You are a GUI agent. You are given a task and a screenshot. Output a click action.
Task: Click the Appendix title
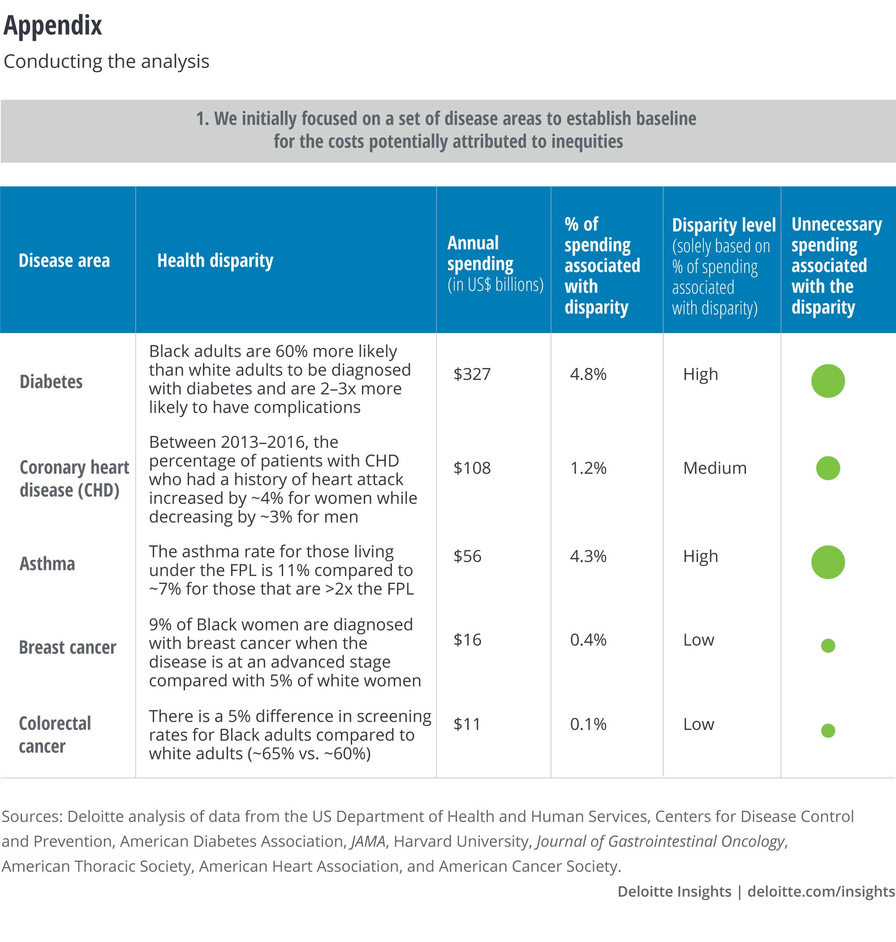[52, 26]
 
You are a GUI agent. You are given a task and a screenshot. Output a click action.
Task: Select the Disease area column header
[64, 261]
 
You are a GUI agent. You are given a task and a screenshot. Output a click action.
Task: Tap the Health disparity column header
[215, 261]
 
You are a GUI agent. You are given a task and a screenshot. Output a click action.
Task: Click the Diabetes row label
[51, 382]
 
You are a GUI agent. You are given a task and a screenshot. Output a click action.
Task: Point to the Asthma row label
[47, 564]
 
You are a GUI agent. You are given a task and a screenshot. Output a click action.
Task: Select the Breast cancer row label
[67, 647]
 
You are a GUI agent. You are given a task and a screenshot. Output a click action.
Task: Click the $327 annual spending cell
[472, 374]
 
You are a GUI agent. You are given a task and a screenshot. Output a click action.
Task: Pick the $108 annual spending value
[472, 468]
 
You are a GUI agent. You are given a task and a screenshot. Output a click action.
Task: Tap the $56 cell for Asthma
[467, 556]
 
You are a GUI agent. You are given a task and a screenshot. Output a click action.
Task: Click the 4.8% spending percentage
[588, 374]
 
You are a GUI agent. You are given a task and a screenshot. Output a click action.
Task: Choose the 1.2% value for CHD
[588, 468]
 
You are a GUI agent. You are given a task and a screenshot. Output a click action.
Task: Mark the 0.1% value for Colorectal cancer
[588, 724]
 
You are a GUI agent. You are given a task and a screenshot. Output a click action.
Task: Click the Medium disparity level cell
[715, 468]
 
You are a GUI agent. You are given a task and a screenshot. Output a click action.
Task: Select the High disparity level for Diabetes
[700, 374]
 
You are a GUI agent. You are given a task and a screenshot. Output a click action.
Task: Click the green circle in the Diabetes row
[828, 381]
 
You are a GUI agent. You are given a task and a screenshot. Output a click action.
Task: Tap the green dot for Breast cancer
[828, 646]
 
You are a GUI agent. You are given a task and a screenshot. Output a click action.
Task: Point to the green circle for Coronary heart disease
[828, 468]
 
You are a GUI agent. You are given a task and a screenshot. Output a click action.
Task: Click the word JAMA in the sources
[368, 841]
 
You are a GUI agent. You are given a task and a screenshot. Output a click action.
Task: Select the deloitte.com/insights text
[821, 891]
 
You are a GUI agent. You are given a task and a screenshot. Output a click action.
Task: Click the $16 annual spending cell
[467, 640]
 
